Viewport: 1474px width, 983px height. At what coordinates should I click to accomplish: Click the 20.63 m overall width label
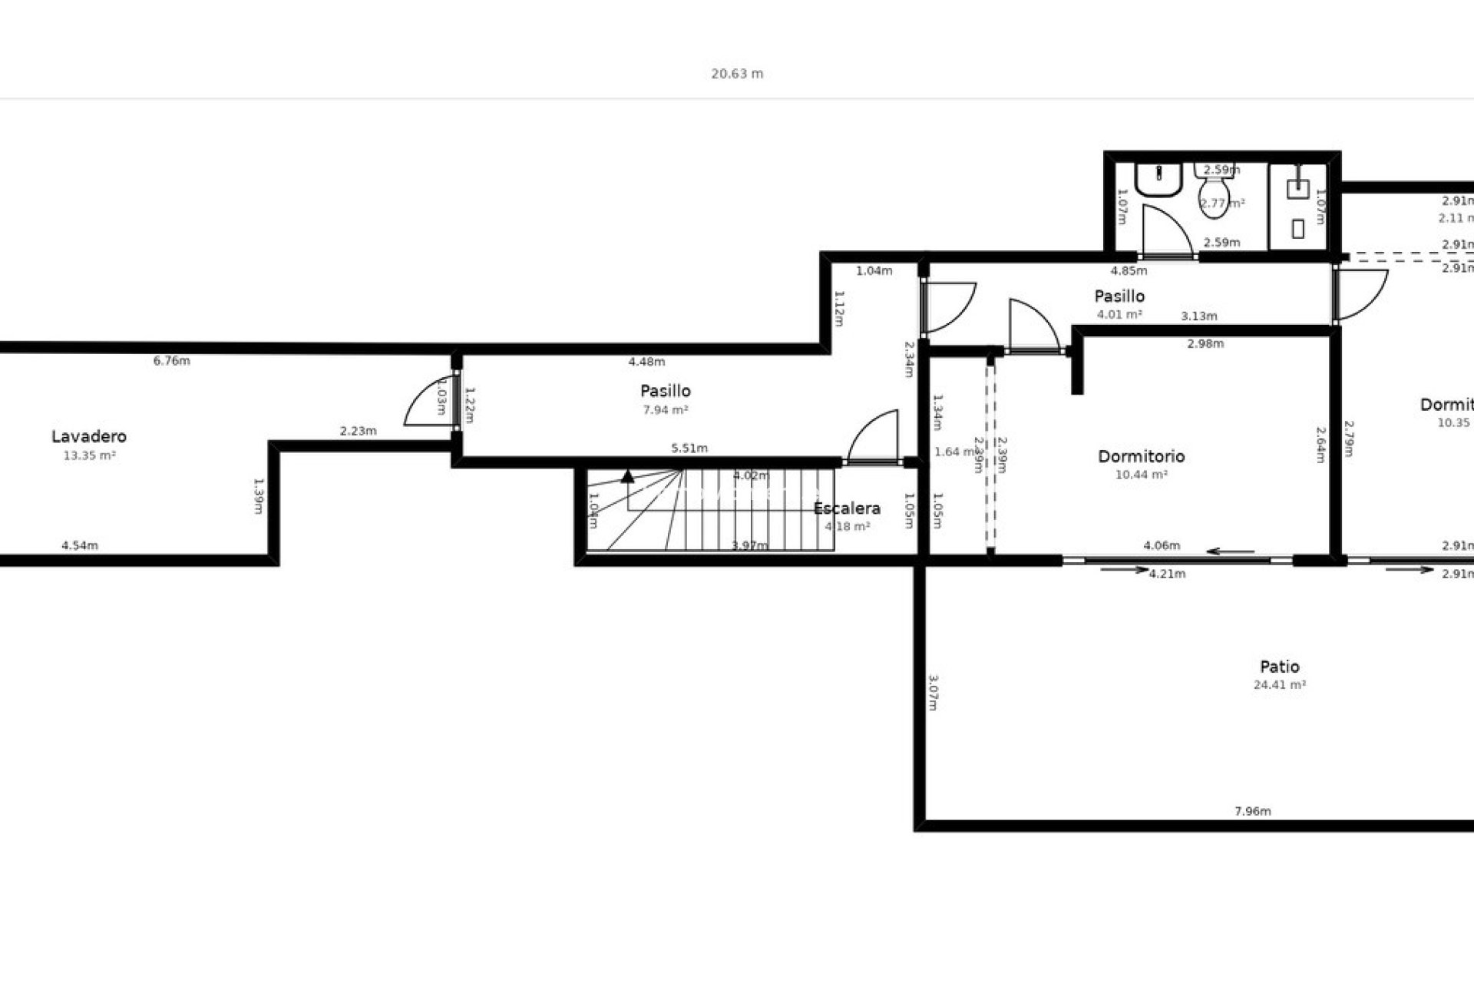click(737, 74)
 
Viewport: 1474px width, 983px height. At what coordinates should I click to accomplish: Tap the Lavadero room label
click(89, 436)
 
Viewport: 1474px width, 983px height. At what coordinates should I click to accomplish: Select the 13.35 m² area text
click(89, 455)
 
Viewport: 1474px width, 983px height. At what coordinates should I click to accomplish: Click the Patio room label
click(1280, 667)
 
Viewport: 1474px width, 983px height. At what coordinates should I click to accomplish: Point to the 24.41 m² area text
click(1280, 685)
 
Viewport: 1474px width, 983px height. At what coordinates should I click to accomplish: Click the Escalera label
click(847, 508)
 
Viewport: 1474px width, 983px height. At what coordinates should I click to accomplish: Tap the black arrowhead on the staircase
click(627, 476)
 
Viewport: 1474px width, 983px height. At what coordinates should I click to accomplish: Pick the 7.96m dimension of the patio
click(1253, 811)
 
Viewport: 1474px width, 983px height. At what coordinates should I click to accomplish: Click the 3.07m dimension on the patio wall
click(933, 692)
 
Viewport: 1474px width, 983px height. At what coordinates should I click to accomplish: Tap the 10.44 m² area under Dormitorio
click(1141, 475)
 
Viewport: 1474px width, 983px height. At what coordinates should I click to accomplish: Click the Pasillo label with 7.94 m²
click(666, 391)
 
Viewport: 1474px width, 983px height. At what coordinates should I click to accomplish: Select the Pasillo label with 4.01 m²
click(1119, 296)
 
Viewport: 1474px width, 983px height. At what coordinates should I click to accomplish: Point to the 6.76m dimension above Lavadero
click(172, 361)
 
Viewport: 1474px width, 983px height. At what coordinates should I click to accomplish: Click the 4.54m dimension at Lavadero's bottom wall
click(80, 546)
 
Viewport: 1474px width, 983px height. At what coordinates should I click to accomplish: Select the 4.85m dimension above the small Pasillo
click(1129, 270)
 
